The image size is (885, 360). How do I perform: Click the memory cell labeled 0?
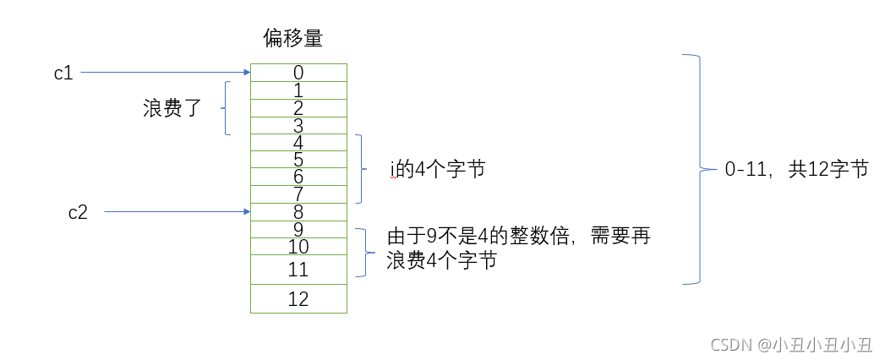click(298, 73)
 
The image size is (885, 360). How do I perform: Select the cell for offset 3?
click(298, 125)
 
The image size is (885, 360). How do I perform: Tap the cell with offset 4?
click(298, 142)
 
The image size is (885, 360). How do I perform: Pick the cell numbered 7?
click(298, 194)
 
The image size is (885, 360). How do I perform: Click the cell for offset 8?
click(298, 212)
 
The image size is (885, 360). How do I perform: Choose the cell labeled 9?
click(298, 229)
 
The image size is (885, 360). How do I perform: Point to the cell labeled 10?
click(298, 247)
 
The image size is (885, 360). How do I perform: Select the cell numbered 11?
click(298, 270)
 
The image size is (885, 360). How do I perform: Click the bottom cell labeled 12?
click(298, 298)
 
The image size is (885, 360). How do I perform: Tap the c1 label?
click(63, 73)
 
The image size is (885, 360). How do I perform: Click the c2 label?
click(78, 212)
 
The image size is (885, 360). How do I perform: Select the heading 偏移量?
click(293, 39)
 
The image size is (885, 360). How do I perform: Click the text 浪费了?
click(172, 108)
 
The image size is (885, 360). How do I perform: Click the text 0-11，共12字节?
click(796, 169)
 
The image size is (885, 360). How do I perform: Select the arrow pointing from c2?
click(178, 212)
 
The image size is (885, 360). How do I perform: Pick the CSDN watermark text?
click(791, 345)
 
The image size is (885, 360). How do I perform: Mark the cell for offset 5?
click(298, 160)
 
